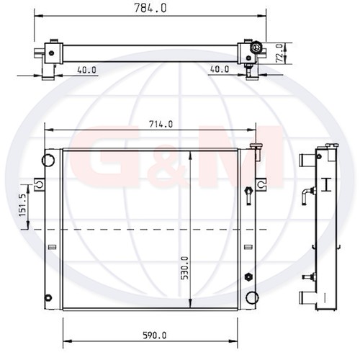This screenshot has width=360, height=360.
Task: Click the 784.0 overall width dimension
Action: click(150, 9)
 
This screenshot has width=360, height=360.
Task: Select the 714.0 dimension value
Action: click(161, 125)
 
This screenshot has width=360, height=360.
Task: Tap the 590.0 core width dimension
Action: click(155, 336)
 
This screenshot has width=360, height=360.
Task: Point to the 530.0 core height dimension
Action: click(185, 268)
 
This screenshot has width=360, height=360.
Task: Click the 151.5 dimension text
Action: click(22, 204)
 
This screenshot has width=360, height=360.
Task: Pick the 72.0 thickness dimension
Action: click(280, 53)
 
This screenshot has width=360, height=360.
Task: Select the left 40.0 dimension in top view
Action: click(86, 70)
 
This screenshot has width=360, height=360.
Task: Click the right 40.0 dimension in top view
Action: click(220, 69)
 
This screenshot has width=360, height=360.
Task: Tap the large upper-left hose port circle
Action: click(48, 160)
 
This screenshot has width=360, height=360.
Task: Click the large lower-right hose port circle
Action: click(252, 297)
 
